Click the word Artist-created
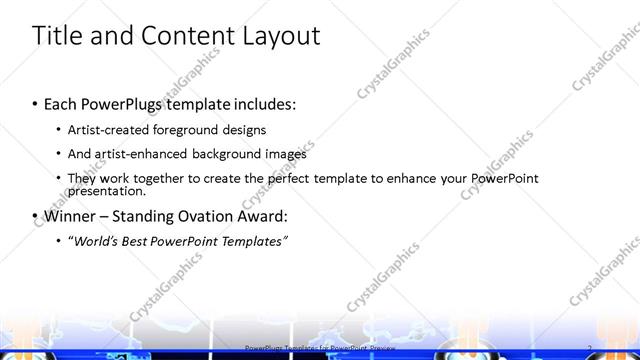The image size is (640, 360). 112,130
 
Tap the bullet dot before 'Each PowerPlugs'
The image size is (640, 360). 35,104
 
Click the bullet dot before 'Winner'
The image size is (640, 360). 35,216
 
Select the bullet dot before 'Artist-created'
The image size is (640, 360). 59,130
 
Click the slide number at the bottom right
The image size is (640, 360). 591,348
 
